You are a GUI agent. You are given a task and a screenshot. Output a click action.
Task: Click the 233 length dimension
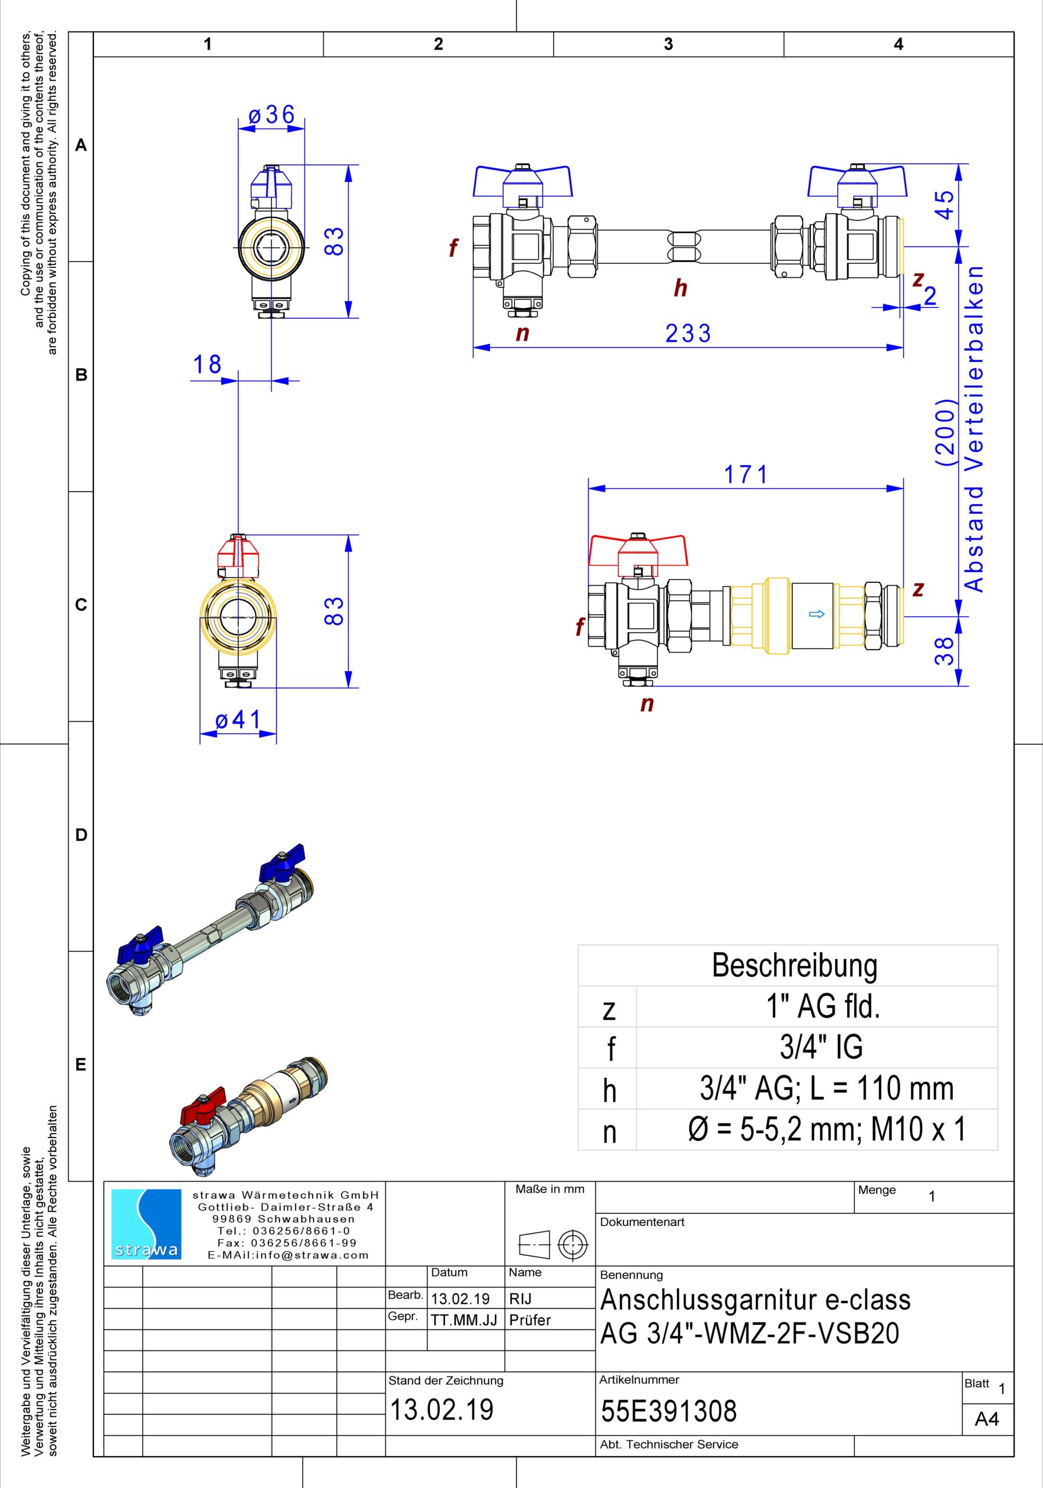[x=688, y=334]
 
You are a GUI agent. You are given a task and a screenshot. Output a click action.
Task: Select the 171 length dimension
[x=745, y=475]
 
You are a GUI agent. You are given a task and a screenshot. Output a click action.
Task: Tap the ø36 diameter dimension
[x=272, y=115]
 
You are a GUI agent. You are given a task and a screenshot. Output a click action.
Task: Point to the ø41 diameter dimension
[x=238, y=720]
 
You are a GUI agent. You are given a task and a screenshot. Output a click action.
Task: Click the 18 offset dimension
[x=207, y=365]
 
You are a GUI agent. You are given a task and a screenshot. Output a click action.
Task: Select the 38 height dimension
[x=945, y=650]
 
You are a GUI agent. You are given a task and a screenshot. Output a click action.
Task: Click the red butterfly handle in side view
[x=637, y=552]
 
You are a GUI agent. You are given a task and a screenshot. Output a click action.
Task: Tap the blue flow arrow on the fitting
[x=817, y=614]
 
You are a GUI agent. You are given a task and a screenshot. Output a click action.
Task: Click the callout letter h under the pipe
[x=680, y=288]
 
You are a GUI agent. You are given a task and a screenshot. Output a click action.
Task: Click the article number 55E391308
[x=669, y=1411]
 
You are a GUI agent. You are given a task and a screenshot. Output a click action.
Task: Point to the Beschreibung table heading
[x=794, y=965]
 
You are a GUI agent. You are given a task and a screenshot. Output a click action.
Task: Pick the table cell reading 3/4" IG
[x=821, y=1047]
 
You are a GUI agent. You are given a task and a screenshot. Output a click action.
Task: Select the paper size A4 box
[x=987, y=1419]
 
